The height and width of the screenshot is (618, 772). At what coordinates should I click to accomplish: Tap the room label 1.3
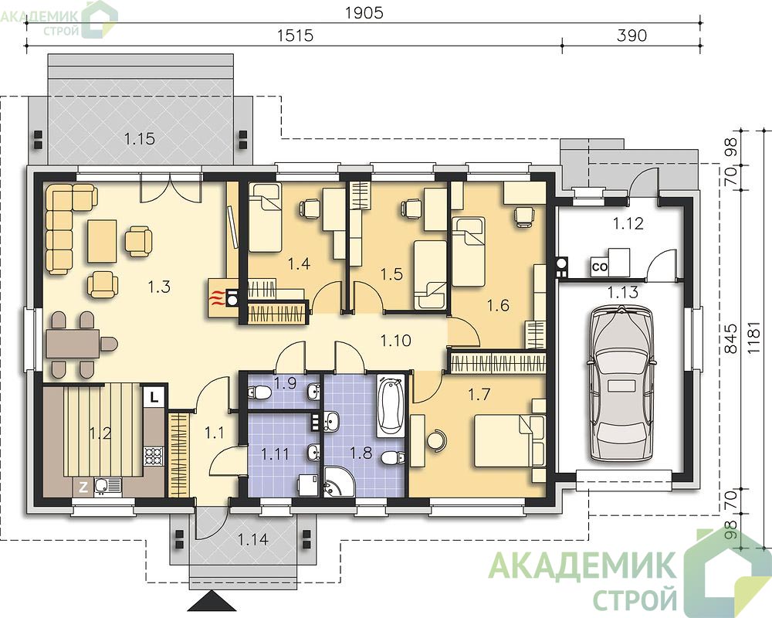coord(159,287)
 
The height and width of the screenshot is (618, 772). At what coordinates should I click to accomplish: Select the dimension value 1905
coord(364,13)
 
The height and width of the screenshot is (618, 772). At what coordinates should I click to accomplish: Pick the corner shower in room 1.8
coord(339,481)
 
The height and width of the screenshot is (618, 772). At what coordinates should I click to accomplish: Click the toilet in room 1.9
coord(259,392)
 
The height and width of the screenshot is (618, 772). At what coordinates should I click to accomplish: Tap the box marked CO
coord(599,267)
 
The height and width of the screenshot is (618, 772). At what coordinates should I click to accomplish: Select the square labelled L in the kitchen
coord(154,397)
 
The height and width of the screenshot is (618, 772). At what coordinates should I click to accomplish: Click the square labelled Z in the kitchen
coord(83,487)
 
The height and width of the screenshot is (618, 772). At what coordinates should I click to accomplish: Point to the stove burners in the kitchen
coord(154,455)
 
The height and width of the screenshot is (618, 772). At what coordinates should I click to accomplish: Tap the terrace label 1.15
coord(139,139)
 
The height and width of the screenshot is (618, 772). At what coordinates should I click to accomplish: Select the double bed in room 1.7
coord(510,440)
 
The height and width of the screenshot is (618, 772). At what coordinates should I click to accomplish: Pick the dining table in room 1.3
coord(73,343)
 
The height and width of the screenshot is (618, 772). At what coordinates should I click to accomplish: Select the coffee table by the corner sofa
coord(102,241)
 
